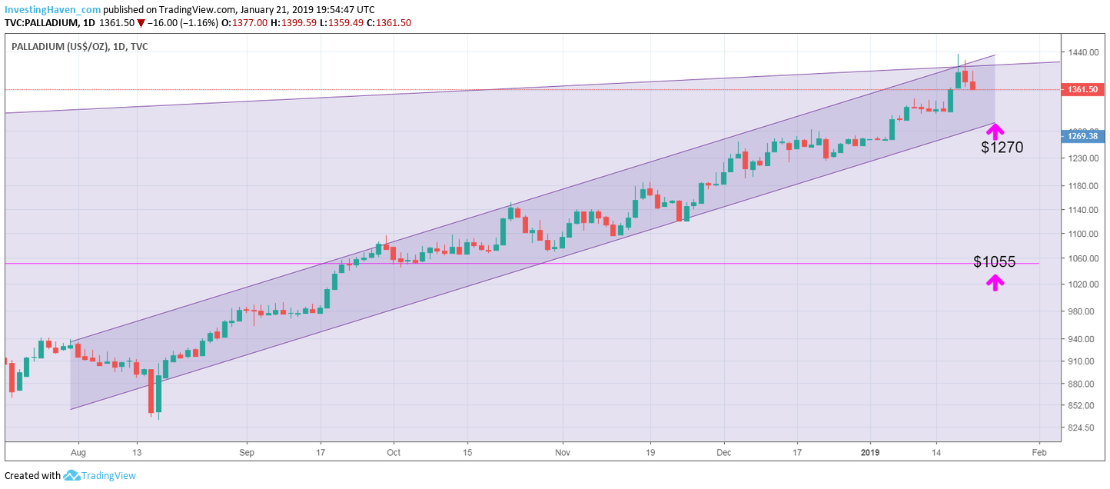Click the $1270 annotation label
point(1002,148)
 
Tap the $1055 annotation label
point(994,261)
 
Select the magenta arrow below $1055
point(995,283)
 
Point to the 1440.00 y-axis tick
point(1080,52)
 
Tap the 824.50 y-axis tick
point(1080,427)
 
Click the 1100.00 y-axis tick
point(1080,234)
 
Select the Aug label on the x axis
point(78,452)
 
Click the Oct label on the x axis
point(393,452)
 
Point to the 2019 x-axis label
point(870,452)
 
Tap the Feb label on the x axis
point(1039,452)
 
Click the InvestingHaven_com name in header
point(52,9)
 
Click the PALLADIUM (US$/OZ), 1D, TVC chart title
point(80,47)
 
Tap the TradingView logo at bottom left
point(101,475)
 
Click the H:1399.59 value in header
point(300,22)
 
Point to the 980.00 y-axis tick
point(1080,311)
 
